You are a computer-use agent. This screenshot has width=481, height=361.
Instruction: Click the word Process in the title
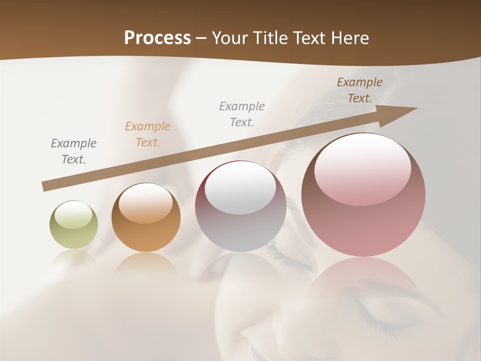pyautogui.click(x=157, y=38)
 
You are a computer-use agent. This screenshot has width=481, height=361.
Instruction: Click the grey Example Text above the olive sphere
pyautogui.click(x=73, y=151)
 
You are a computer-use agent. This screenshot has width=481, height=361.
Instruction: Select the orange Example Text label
pyautogui.click(x=147, y=134)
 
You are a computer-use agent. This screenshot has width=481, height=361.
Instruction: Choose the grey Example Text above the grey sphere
pyautogui.click(x=242, y=114)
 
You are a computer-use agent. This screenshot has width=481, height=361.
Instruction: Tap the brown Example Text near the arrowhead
pyautogui.click(x=359, y=90)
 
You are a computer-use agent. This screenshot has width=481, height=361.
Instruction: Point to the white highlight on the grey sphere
pyautogui.click(x=240, y=189)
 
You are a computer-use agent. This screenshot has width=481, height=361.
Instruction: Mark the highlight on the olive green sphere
pyautogui.click(x=73, y=215)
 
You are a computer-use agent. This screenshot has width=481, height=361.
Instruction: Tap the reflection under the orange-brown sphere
pyautogui.click(x=146, y=264)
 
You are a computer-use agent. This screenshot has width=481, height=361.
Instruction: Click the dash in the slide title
pyautogui.click(x=201, y=38)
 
